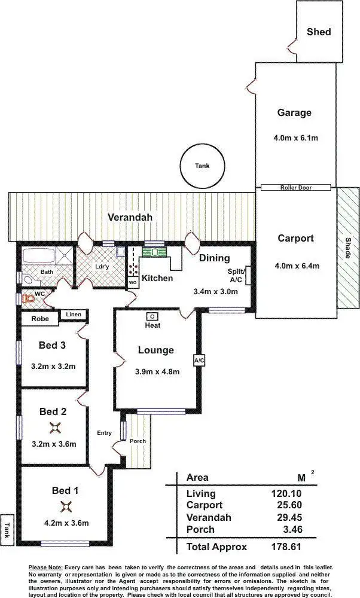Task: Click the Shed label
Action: click(x=318, y=32)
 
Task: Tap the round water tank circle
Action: click(x=202, y=167)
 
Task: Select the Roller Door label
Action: click(x=296, y=188)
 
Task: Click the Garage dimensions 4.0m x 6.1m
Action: click(x=295, y=138)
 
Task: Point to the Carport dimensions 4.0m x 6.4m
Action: click(x=295, y=266)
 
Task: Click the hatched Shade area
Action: click(x=347, y=248)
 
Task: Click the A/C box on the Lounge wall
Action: click(x=199, y=361)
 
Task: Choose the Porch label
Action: click(x=138, y=441)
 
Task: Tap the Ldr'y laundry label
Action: click(x=102, y=267)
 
